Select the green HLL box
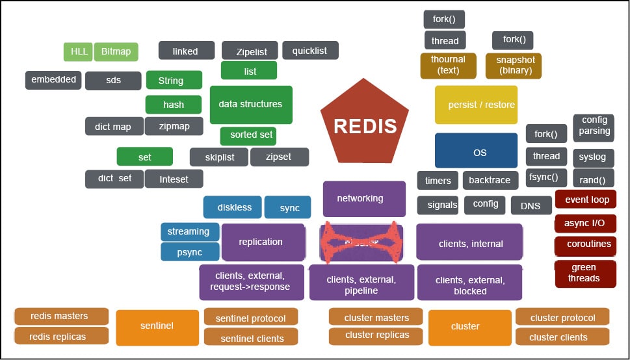pyautogui.click(x=78, y=51)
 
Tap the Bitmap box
pyautogui.click(x=116, y=51)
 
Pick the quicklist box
pyautogui.click(x=310, y=50)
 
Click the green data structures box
pyautogui.click(x=250, y=104)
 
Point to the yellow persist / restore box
pyautogui.click(x=476, y=105)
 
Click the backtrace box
pyautogui.click(x=490, y=180)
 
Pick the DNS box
pyautogui.click(x=531, y=205)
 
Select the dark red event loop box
pyautogui.click(x=585, y=199)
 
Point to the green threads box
pyautogui.click(x=584, y=273)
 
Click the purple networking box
pyautogui.click(x=363, y=198)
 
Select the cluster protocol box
pyautogui.click(x=562, y=317)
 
